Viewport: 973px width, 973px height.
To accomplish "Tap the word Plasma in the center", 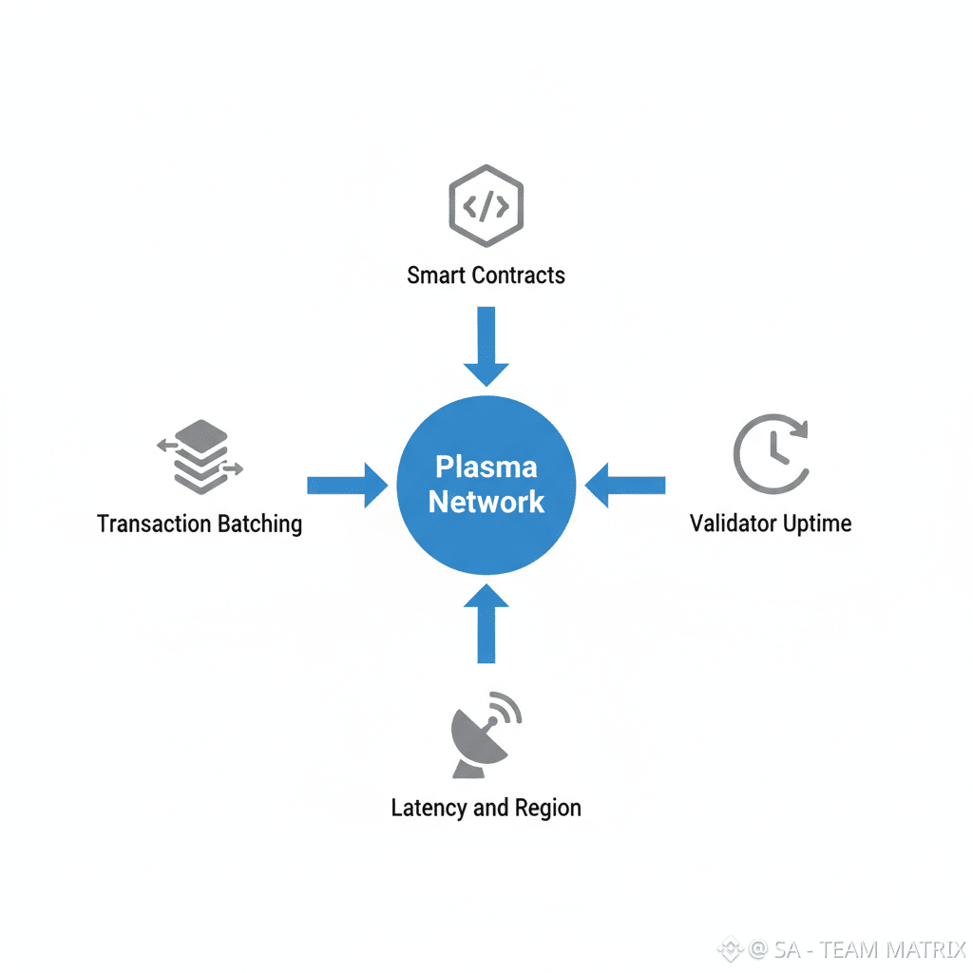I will [486, 467].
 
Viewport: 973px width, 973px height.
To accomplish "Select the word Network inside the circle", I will [486, 502].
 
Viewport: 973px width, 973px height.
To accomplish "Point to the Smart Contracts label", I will [486, 276].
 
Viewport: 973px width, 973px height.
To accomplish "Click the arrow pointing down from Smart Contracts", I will [486, 344].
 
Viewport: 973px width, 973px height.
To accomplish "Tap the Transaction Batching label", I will [200, 524].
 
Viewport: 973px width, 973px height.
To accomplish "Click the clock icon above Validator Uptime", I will [771, 452].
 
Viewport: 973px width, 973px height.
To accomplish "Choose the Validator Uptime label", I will [771, 523].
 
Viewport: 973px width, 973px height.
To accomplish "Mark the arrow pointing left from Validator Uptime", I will [624, 486].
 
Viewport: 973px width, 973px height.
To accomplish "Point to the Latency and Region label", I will [486, 808].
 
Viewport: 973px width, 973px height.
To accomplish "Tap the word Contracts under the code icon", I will [519, 276].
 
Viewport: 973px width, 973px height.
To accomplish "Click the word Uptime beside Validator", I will [814, 524].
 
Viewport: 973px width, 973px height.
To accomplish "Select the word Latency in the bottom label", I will [429, 808].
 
